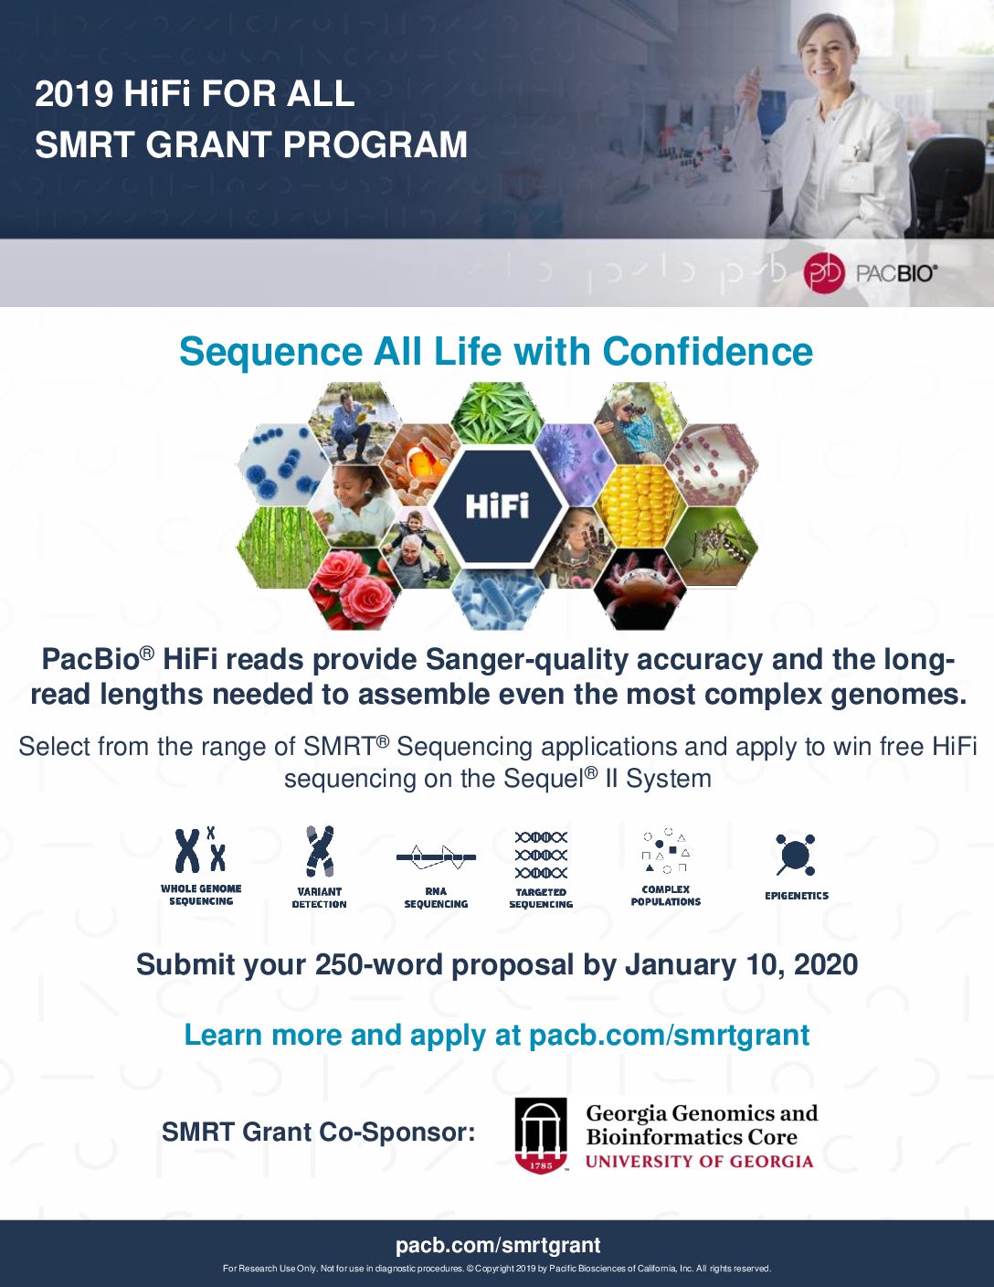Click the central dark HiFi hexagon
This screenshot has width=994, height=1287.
[x=497, y=505]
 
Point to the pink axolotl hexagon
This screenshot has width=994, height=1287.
[x=639, y=588]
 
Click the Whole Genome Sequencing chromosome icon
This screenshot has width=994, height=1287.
[x=200, y=850]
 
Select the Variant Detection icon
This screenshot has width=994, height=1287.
[x=320, y=851]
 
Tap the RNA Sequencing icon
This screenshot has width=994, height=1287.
[x=436, y=856]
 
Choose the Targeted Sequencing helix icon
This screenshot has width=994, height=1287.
[x=541, y=855]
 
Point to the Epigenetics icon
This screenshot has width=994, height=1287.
[x=795, y=855]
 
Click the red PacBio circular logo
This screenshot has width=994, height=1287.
[x=823, y=273]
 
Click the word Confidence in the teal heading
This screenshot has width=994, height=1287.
[x=707, y=352]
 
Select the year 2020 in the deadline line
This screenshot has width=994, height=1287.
[x=826, y=965]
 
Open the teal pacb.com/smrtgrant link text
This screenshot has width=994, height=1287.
[x=669, y=1035]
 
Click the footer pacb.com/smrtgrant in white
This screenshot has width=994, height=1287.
[x=498, y=1245]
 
